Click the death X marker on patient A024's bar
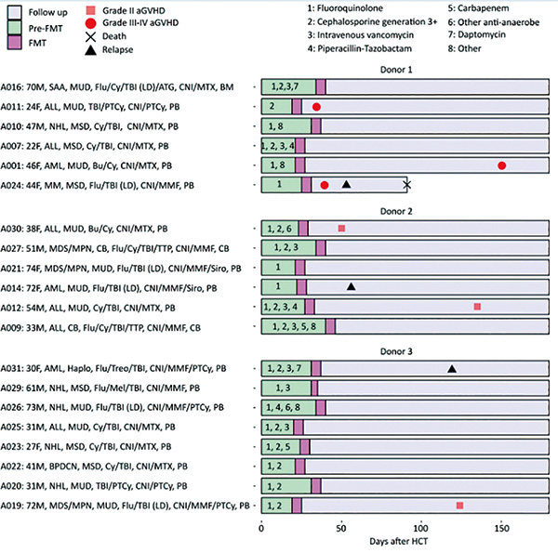click(x=406, y=185)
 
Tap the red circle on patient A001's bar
click(x=502, y=165)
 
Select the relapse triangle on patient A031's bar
click(x=452, y=368)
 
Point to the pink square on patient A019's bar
click(x=459, y=506)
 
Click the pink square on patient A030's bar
click(x=341, y=229)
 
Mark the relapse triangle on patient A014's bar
click(x=351, y=286)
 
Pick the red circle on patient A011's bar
click(x=316, y=107)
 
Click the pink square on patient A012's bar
click(x=478, y=307)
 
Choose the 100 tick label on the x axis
click(x=420, y=528)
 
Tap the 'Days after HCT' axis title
click(x=399, y=541)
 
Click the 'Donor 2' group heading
click(x=396, y=211)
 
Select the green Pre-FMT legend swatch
click(x=14, y=28)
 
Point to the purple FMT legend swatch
click(x=14, y=43)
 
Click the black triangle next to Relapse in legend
click(x=91, y=50)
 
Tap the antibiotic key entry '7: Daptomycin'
click(x=476, y=34)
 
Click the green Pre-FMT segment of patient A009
click(x=294, y=326)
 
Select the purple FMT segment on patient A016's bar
click(x=321, y=87)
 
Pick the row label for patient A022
click(x=94, y=467)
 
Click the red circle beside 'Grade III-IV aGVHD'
click(x=91, y=23)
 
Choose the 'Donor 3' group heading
click(x=396, y=351)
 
